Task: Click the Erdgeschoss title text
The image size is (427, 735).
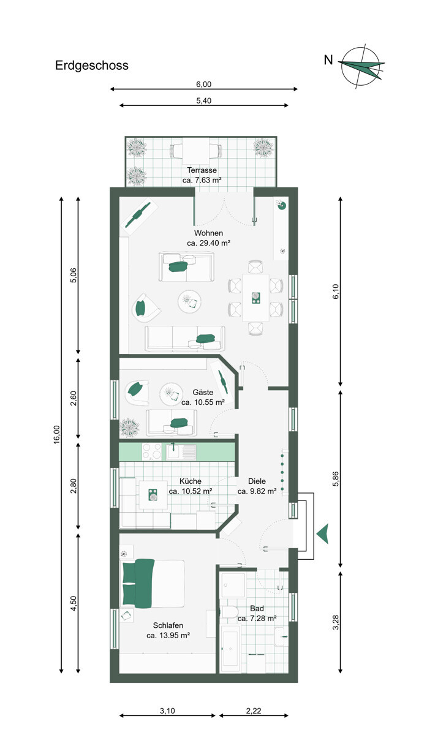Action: [92, 66]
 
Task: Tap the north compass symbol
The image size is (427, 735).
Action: [361, 64]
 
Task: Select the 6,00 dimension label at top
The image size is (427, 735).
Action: [203, 85]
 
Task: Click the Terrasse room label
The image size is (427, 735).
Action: [202, 170]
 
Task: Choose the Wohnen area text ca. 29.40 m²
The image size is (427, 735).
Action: [208, 243]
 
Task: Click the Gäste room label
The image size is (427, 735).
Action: [203, 392]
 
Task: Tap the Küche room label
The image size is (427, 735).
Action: [191, 481]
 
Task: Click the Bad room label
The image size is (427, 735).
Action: [257, 609]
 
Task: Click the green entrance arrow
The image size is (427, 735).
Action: [323, 533]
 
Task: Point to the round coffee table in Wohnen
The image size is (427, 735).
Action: [190, 301]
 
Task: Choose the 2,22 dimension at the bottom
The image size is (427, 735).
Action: [253, 710]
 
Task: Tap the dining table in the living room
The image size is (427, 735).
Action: [255, 297]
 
